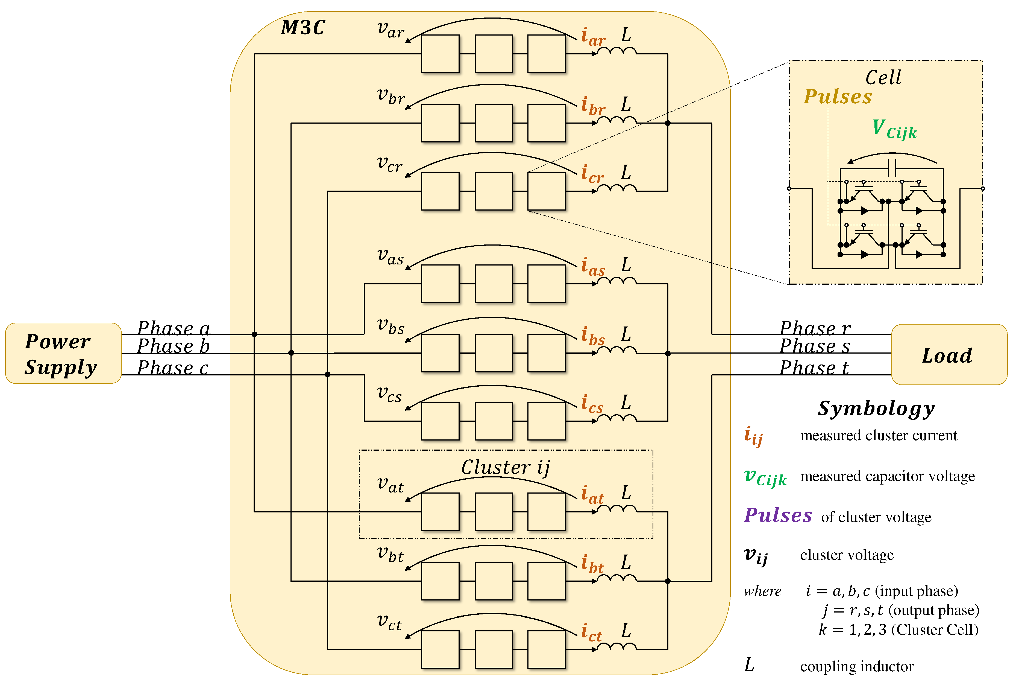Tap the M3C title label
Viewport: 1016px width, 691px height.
[x=303, y=28]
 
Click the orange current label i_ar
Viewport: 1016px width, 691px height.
[x=592, y=36]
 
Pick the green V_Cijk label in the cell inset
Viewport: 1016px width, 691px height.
[x=894, y=129]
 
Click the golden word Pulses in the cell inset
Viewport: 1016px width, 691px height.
[x=837, y=97]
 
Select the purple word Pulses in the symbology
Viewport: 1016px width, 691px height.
[x=778, y=515]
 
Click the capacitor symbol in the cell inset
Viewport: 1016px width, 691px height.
[x=892, y=168]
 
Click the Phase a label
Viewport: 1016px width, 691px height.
[x=174, y=328]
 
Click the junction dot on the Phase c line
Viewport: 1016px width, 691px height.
[x=327, y=374]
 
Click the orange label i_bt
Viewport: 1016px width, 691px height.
[x=592, y=564]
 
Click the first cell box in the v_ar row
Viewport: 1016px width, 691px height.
[x=440, y=54]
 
